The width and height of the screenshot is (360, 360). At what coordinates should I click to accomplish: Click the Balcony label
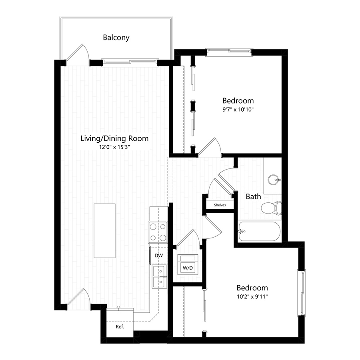(116, 38)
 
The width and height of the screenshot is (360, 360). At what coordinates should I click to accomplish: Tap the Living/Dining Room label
(115, 139)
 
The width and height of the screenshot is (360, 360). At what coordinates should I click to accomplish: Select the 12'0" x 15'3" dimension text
(115, 148)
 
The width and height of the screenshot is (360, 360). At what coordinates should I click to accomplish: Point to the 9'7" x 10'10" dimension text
(238, 109)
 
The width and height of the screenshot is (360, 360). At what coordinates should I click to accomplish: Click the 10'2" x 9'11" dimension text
(252, 296)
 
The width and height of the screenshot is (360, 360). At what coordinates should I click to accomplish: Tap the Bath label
(253, 196)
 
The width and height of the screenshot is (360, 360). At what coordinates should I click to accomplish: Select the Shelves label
(220, 205)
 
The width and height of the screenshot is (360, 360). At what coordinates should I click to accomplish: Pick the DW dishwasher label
(159, 255)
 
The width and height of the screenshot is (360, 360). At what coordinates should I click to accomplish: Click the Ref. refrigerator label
(120, 326)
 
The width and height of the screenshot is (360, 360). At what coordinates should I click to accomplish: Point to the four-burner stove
(158, 232)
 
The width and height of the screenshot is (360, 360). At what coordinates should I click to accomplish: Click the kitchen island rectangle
(105, 230)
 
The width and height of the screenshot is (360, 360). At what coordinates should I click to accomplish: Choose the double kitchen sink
(159, 277)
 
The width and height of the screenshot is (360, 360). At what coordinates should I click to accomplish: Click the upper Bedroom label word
(238, 100)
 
